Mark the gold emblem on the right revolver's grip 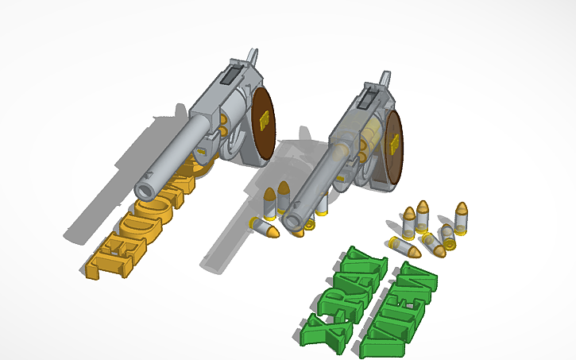tap(395, 144)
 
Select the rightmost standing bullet tap(461, 217)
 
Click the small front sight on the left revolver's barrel tap(152, 170)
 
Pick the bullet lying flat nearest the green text tap(405, 249)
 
